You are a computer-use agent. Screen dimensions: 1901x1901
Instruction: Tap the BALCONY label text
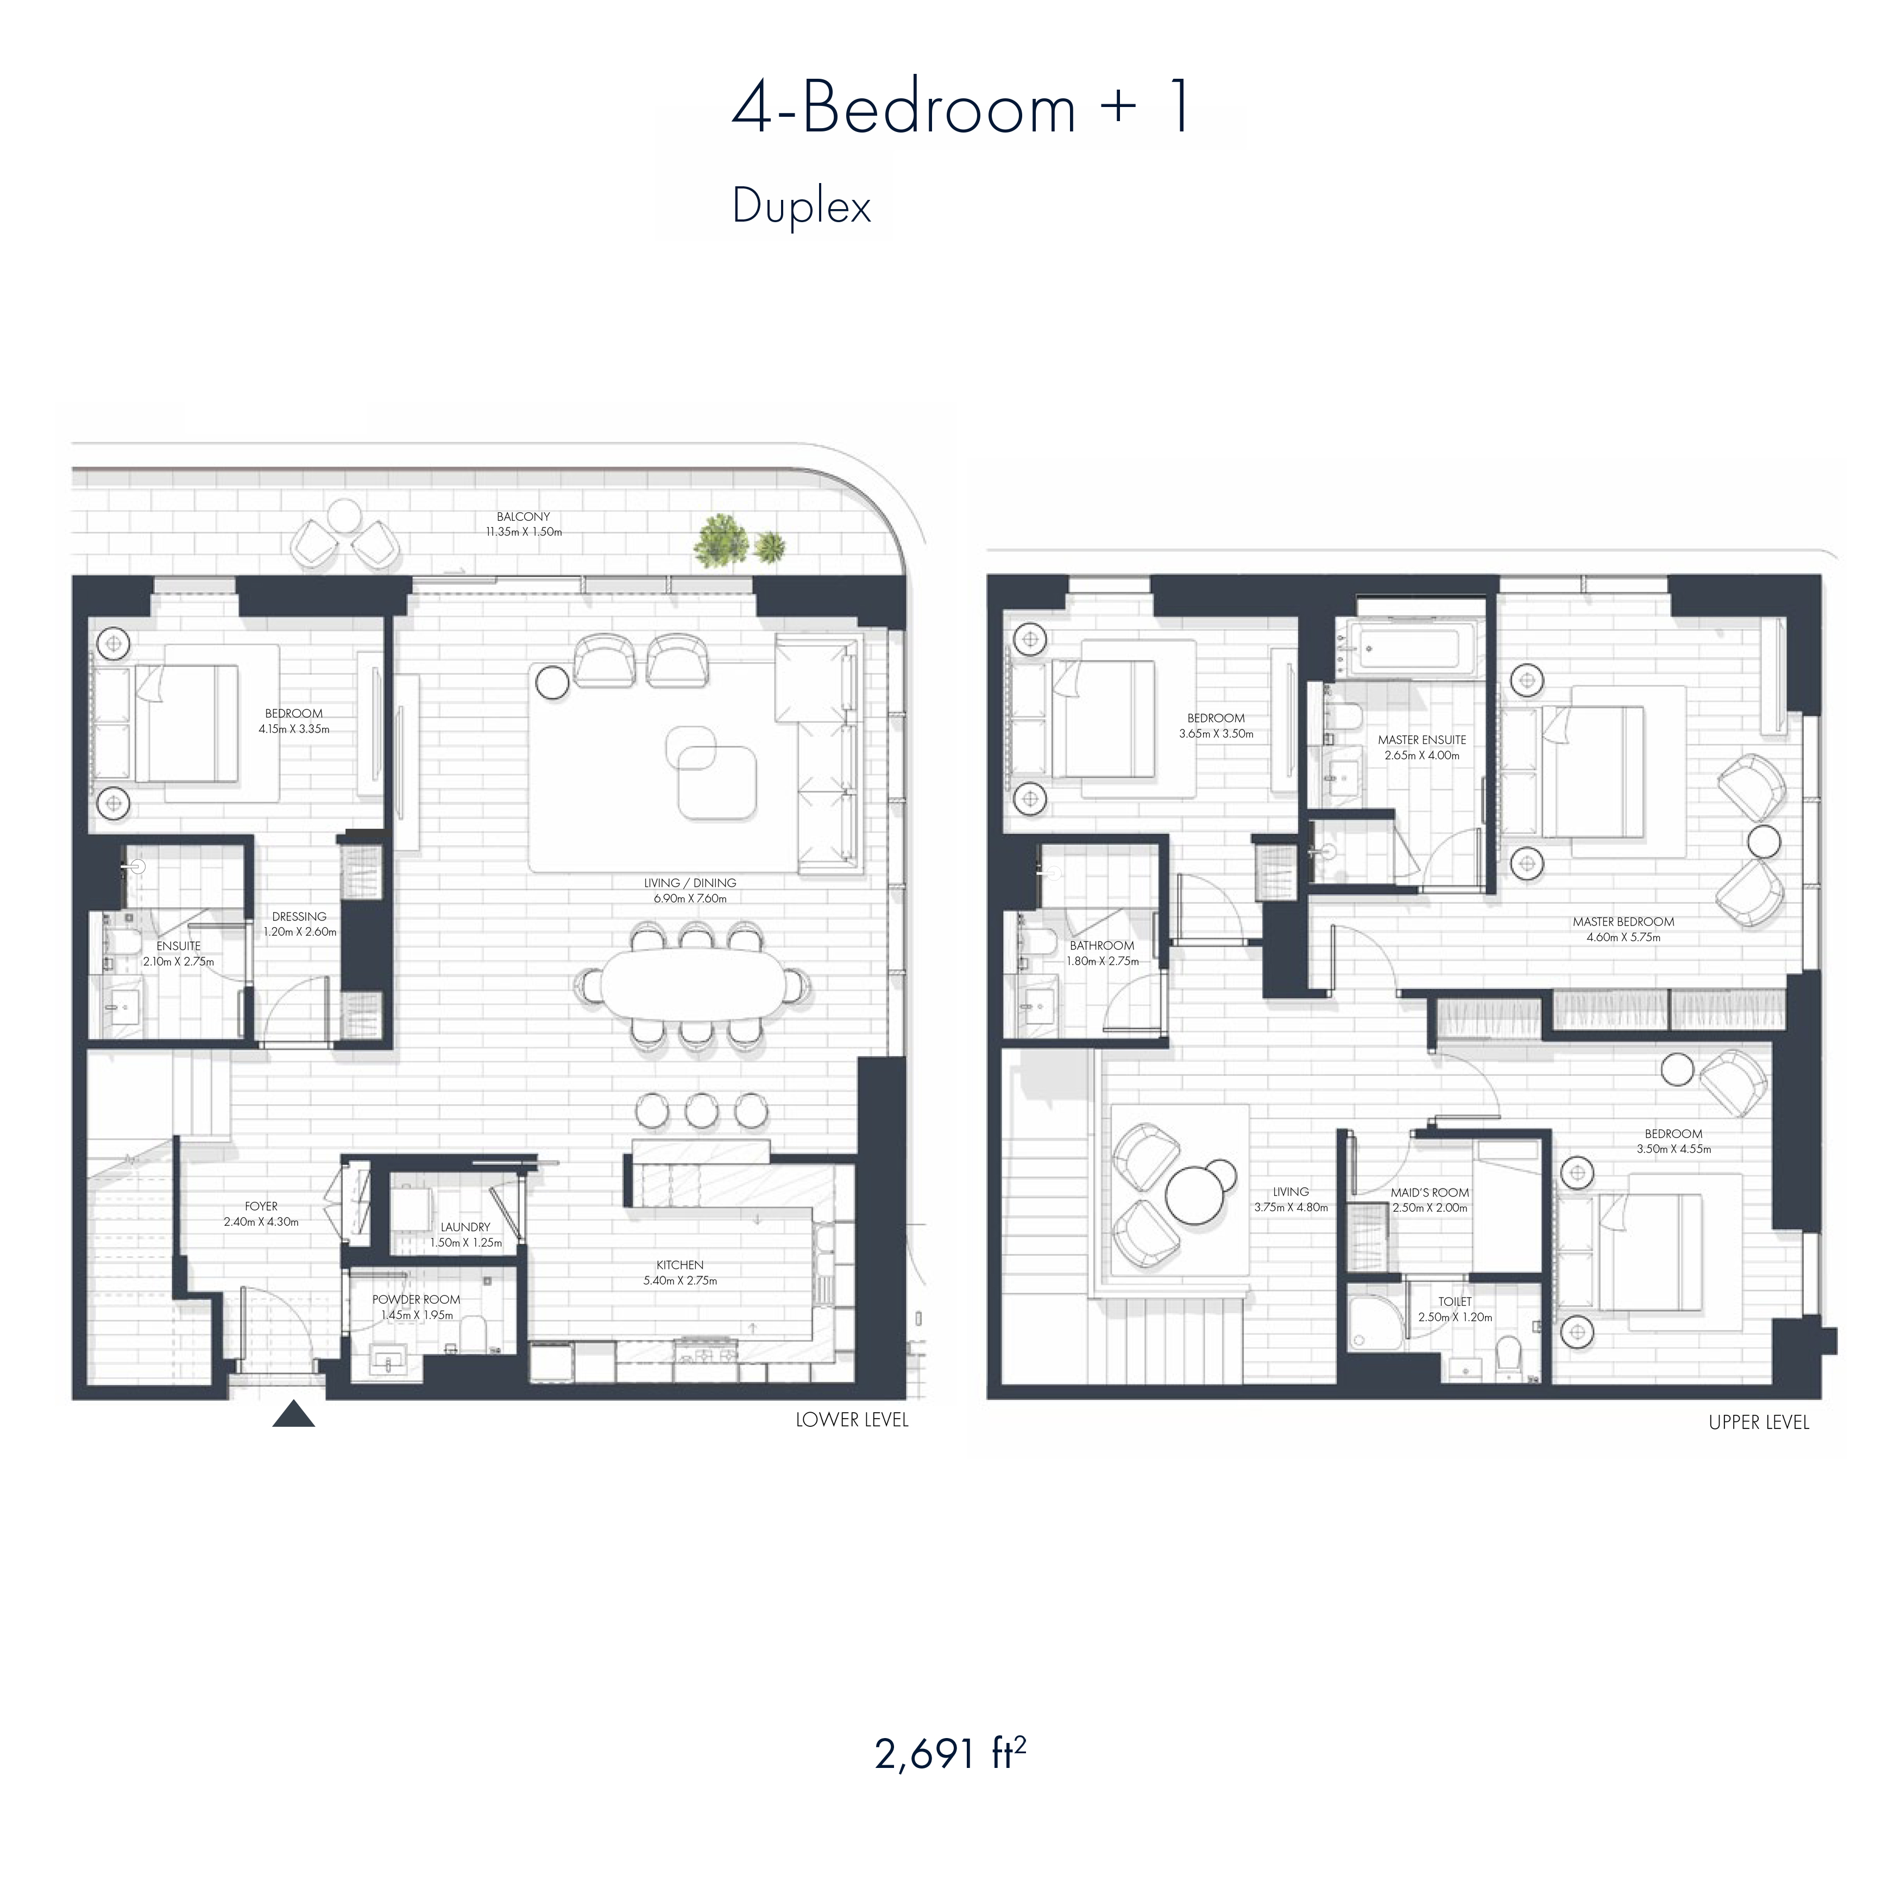click(x=524, y=517)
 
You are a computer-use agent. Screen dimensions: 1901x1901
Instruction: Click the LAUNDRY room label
click(x=465, y=1227)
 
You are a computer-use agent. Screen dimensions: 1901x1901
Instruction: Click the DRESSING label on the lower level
click(x=299, y=916)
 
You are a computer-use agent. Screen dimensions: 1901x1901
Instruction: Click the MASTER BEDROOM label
click(x=1623, y=922)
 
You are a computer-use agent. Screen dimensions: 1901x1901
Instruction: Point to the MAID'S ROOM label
click(x=1430, y=1193)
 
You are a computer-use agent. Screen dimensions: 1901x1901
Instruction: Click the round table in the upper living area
click(x=1194, y=1193)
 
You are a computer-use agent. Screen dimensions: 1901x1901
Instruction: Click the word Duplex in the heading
click(x=802, y=206)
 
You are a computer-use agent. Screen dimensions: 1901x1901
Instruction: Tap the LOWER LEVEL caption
click(x=852, y=1420)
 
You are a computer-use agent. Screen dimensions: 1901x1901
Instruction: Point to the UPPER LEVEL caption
click(x=1759, y=1422)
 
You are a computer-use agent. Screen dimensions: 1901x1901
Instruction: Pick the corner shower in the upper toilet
click(x=1376, y=1319)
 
